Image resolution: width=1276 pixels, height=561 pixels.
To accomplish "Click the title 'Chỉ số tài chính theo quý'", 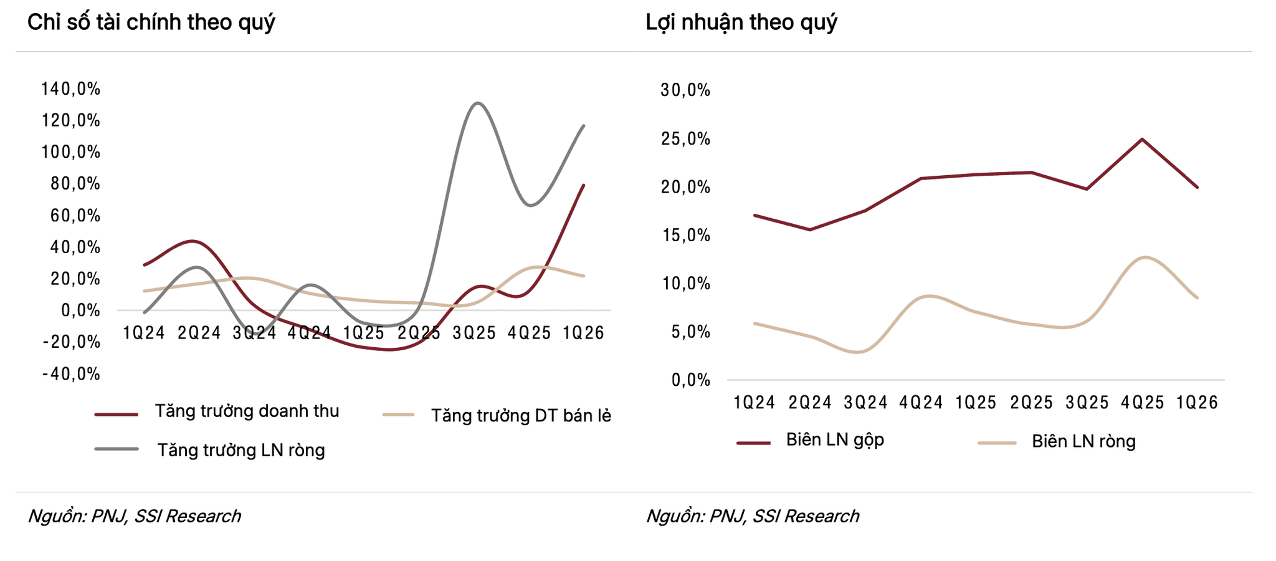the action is [151, 23].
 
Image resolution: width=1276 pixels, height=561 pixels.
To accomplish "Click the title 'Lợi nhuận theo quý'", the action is [741, 23].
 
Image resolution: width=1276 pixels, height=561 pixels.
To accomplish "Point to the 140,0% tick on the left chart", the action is [71, 89].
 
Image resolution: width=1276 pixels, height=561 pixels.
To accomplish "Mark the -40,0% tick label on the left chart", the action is [71, 374].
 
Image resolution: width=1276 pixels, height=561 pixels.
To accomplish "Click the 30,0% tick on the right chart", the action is [685, 90].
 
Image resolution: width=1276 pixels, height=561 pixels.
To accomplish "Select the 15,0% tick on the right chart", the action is [685, 235].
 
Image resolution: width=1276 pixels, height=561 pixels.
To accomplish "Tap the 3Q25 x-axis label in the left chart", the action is [474, 333].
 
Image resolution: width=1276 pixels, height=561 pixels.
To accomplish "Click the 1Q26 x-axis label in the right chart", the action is [1197, 402].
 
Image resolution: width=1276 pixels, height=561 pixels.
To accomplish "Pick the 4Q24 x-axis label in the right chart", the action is [921, 402].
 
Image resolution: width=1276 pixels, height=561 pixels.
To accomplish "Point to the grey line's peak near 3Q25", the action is [477, 103].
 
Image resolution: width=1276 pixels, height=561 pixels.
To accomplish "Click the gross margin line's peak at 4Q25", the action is [1141, 139].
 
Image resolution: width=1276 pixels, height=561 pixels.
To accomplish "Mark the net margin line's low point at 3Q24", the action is [859, 352].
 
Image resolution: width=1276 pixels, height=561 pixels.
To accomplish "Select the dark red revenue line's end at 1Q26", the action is [583, 185].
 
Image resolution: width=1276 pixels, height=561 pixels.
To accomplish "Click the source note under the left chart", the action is [134, 516].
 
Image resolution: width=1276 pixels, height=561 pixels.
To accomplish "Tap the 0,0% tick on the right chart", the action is [690, 380].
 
